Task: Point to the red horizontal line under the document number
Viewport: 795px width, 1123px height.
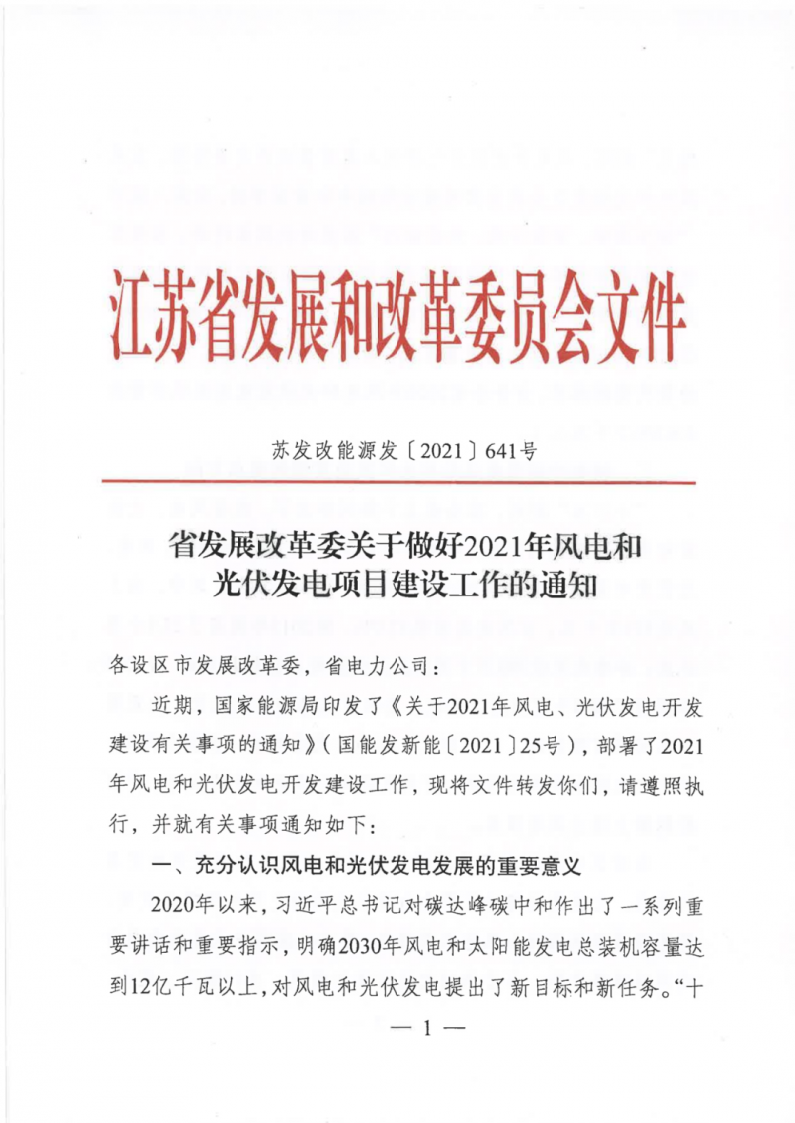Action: tap(397, 482)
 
